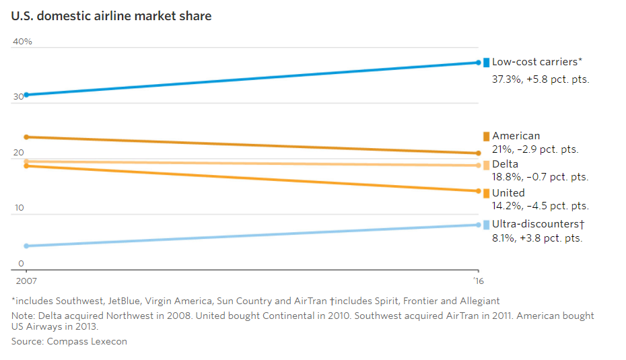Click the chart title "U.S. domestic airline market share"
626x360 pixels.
pos(111,15)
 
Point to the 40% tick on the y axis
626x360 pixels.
pos(22,42)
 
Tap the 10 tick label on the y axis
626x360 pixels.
pos(18,208)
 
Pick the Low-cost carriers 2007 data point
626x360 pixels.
pos(26,95)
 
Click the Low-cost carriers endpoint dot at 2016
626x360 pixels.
pos(479,63)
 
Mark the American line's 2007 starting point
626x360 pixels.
pos(26,137)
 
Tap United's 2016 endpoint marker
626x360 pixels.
pos(479,191)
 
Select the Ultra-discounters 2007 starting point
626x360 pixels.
pos(26,246)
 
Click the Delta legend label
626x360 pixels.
pos(505,164)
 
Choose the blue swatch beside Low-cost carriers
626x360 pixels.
pos(486,63)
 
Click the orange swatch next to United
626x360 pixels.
pos(486,193)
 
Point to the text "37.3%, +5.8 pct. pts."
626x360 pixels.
pos(541,79)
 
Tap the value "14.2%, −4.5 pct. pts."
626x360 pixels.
pos(540,206)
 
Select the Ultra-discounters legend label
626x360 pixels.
pos(538,223)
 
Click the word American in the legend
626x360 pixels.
pos(516,136)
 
